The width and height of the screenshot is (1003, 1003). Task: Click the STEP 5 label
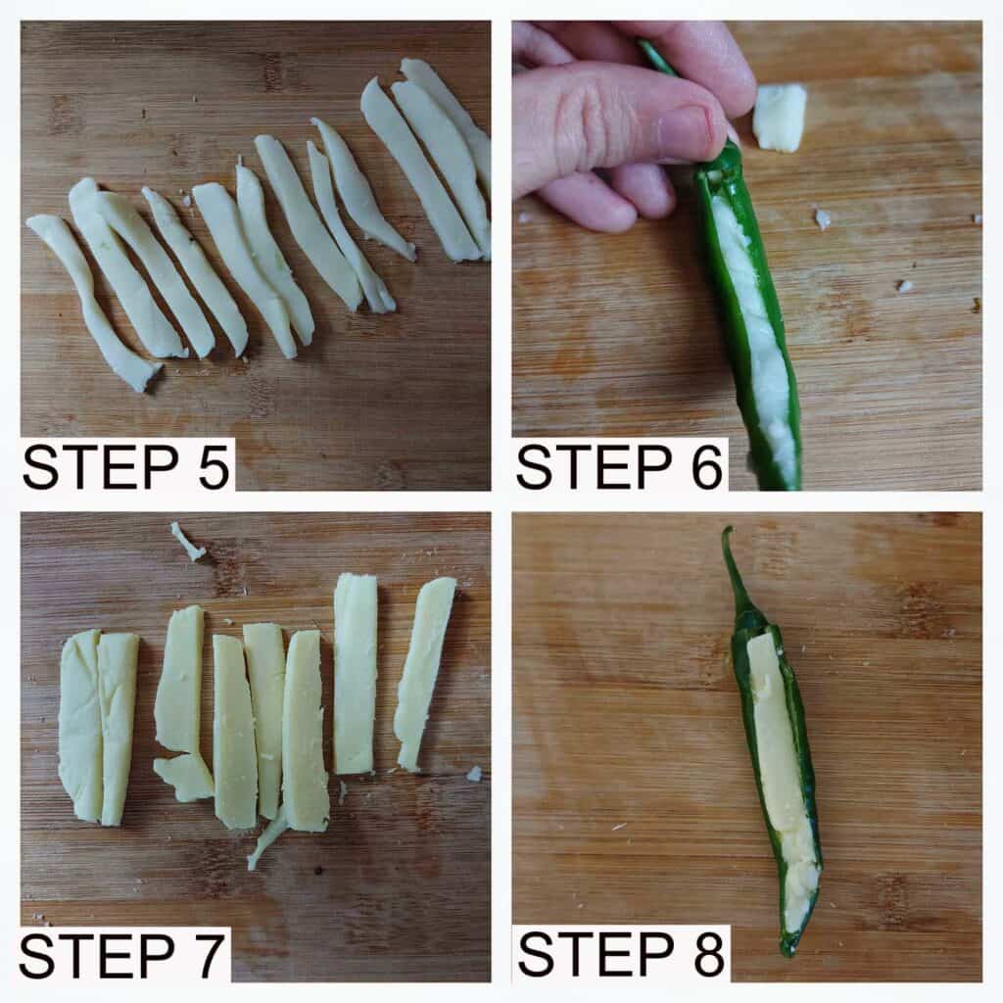(x=126, y=467)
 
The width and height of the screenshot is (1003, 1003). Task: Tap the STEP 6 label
(x=619, y=467)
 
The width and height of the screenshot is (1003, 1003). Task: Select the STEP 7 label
(x=122, y=956)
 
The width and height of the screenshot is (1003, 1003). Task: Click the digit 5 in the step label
(x=213, y=467)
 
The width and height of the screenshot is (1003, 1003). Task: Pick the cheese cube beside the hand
(x=779, y=118)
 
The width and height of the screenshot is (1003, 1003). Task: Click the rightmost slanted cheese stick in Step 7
(x=424, y=672)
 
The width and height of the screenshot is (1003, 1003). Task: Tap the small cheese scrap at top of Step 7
(x=186, y=541)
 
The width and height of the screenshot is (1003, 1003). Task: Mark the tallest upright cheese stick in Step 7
(x=355, y=674)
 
